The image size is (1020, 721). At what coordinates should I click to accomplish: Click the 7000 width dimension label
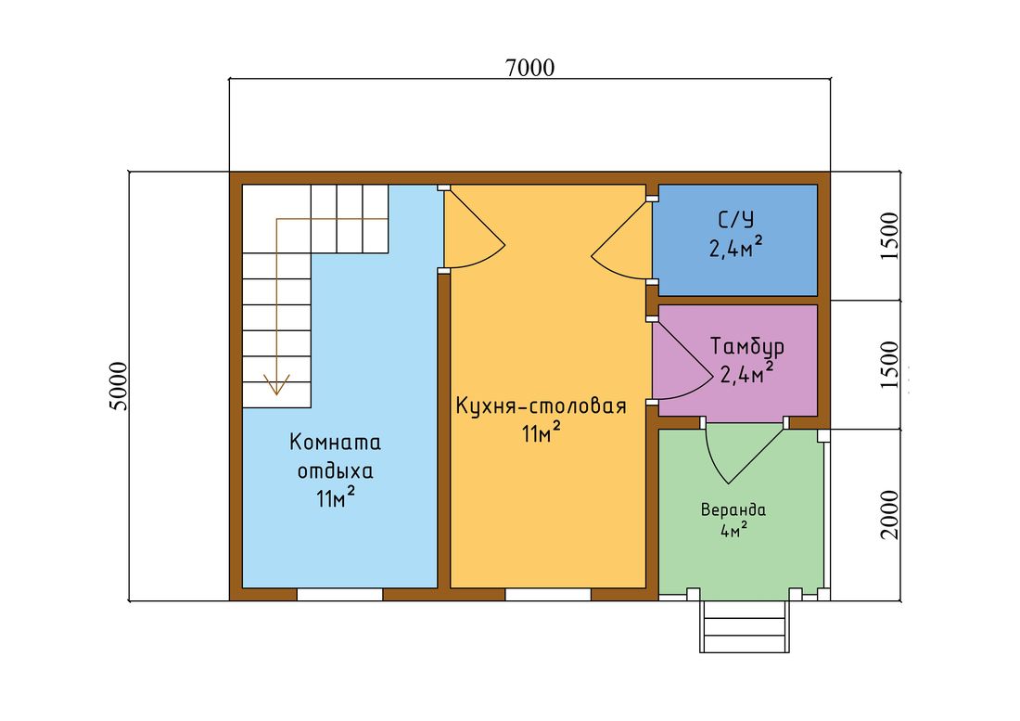(x=530, y=68)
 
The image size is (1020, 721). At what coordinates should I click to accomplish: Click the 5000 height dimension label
(x=119, y=386)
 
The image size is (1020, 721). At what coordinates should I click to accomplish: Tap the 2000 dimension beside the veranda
(x=889, y=515)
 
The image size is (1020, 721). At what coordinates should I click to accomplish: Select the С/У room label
(x=735, y=220)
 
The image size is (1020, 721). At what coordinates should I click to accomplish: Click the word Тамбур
(x=746, y=346)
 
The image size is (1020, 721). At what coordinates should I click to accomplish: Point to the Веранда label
(x=733, y=509)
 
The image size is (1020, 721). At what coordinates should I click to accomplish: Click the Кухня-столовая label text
(x=541, y=406)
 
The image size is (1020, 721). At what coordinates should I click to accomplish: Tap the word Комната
(x=335, y=443)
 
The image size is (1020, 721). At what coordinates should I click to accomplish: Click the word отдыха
(x=335, y=471)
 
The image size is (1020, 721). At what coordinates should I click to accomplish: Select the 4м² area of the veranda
(x=733, y=530)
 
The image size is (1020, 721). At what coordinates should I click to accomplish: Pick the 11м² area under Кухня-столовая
(x=541, y=432)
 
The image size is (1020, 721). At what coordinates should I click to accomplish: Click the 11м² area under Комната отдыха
(x=335, y=497)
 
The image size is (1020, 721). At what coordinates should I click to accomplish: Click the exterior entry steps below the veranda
(x=745, y=626)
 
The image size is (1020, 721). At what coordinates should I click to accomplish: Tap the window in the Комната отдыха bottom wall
(x=339, y=594)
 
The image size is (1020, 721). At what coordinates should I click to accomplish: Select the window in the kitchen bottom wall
(x=548, y=594)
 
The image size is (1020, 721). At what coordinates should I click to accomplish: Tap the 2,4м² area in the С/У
(x=735, y=248)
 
